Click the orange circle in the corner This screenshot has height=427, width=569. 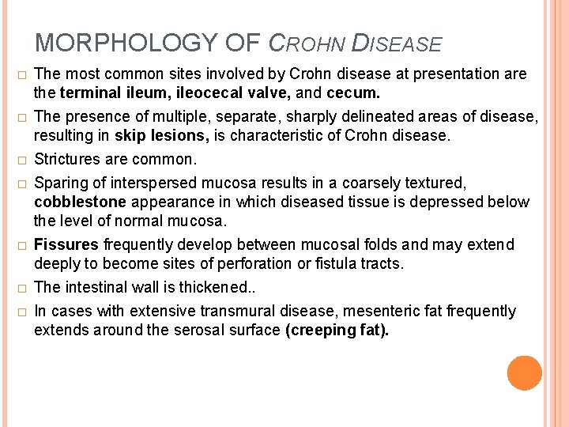tap(525, 373)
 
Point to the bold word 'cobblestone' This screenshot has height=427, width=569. tap(80, 202)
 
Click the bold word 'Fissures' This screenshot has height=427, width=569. tap(66, 244)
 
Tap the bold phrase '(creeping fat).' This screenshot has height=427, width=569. tap(337, 330)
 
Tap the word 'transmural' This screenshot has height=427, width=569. tap(245, 311)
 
